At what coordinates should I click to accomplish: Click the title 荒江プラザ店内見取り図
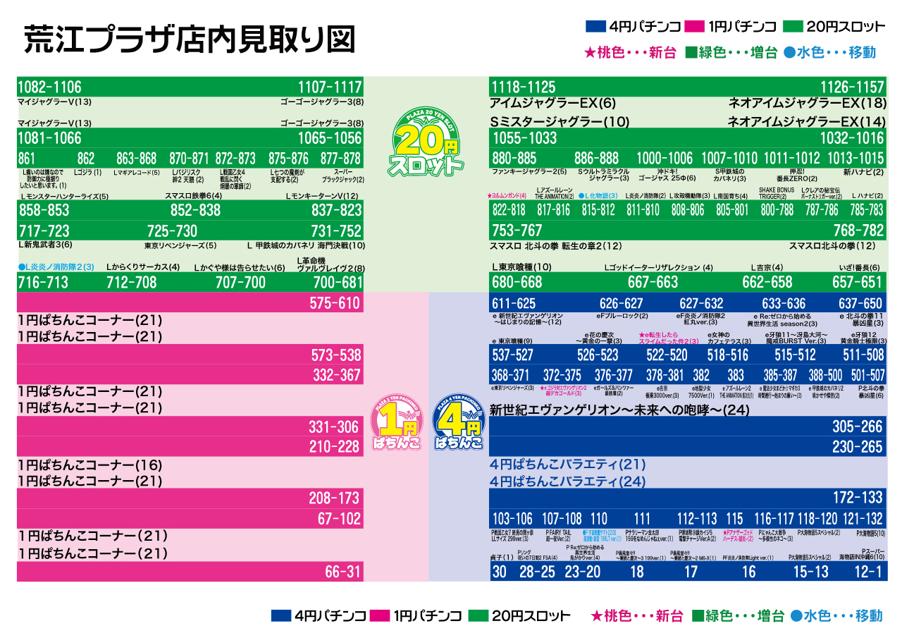click(x=189, y=39)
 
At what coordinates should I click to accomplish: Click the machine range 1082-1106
click(x=49, y=87)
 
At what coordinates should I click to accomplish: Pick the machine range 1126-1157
click(x=851, y=87)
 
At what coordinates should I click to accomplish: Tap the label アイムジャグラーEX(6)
click(x=552, y=103)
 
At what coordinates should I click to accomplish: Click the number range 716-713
click(x=43, y=283)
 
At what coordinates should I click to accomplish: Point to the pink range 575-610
click(x=335, y=303)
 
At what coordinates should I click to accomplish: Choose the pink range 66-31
click(x=342, y=572)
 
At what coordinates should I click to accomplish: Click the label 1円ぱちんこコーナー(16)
click(x=90, y=465)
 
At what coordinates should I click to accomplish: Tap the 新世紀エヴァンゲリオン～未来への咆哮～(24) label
click(x=619, y=410)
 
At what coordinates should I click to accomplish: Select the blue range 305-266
click(x=857, y=427)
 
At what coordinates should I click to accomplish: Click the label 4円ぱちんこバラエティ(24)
click(x=567, y=482)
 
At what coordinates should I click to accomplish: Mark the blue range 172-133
click(x=857, y=497)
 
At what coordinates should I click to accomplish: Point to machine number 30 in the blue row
click(x=500, y=572)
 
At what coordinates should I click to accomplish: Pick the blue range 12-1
click(x=868, y=572)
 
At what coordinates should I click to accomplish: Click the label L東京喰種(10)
click(x=521, y=267)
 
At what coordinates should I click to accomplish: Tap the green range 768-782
click(x=858, y=231)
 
